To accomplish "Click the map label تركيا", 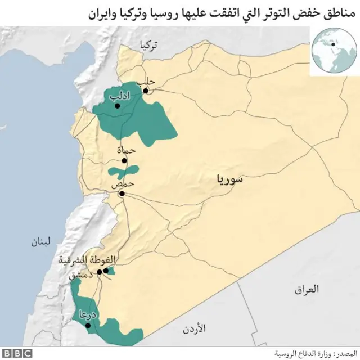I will pyautogui.click(x=150, y=46).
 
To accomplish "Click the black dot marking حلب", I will pyautogui.click(x=145, y=90).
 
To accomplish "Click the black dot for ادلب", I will pyautogui.click(x=117, y=105).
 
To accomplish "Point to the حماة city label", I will pyautogui.click(x=126, y=150).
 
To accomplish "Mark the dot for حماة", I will pyautogui.click(x=124, y=160).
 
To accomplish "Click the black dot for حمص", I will pyautogui.click(x=121, y=193).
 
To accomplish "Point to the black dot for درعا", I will pyautogui.click(x=87, y=325).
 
